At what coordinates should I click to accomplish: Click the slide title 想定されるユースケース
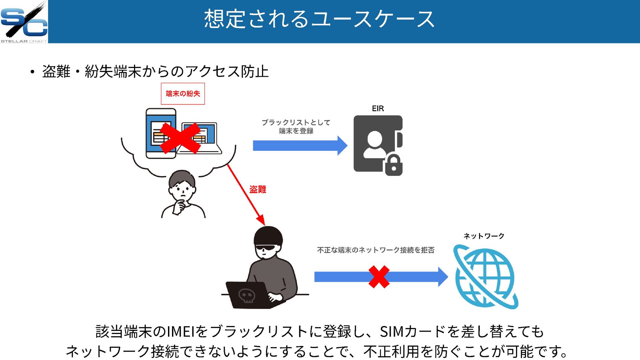pyautogui.click(x=319, y=19)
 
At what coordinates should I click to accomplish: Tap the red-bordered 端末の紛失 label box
pyautogui.click(x=183, y=94)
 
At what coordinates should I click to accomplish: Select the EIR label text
pyautogui.click(x=378, y=109)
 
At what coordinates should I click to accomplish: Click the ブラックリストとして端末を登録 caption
pyautogui.click(x=296, y=127)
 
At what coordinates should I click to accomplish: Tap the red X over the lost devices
pyautogui.click(x=180, y=138)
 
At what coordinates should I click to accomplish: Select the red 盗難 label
pyautogui.click(x=258, y=190)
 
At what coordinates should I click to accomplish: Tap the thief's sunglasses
pyautogui.click(x=266, y=248)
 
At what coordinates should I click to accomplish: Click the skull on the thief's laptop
pyautogui.click(x=247, y=295)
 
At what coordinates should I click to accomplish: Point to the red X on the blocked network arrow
pyautogui.click(x=379, y=277)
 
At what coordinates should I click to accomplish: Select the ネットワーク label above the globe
pyautogui.click(x=484, y=236)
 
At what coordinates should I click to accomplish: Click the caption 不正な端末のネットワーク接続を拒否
pyautogui.click(x=376, y=250)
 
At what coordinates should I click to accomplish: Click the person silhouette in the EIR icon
pyautogui.click(x=375, y=144)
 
